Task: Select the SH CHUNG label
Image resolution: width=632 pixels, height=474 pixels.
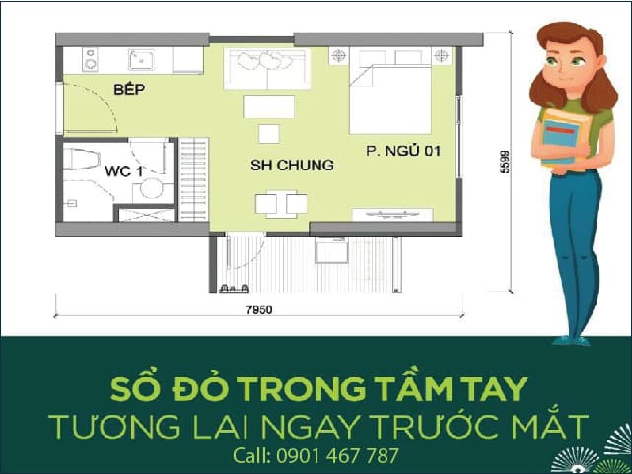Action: coord(291,165)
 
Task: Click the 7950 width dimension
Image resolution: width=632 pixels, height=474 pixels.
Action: coord(258,310)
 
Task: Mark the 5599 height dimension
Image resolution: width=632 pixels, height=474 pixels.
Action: coord(504,163)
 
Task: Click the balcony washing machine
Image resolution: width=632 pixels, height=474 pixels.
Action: coord(332,252)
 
